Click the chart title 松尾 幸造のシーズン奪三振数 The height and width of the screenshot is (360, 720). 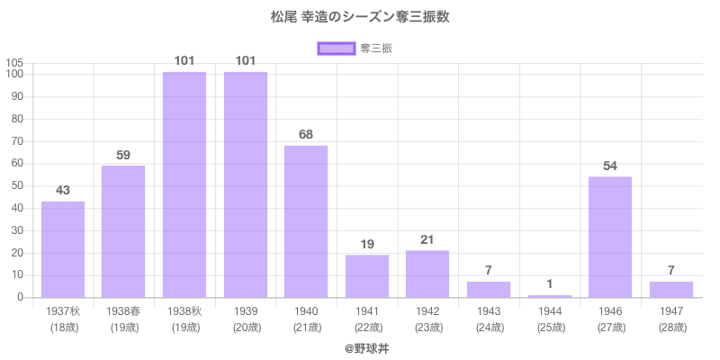coord(360,17)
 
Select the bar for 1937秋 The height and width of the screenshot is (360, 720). coord(63,249)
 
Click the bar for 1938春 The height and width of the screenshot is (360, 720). coord(123,231)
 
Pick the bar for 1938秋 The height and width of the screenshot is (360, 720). coord(184,184)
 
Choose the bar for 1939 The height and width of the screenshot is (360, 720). coord(246,184)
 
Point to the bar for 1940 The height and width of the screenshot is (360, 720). coord(306,221)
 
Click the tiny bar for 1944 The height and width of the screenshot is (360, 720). coord(550,296)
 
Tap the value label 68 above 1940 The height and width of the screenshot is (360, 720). coord(306,134)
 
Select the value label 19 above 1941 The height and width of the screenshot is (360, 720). coord(367,244)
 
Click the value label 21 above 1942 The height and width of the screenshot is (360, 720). coord(427,239)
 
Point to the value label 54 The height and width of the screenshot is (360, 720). coord(610,166)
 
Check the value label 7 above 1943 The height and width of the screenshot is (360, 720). coord(489,271)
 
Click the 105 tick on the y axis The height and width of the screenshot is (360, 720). coord(14,62)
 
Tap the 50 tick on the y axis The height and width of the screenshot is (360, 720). coord(17,186)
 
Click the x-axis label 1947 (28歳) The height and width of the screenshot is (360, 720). coord(671,319)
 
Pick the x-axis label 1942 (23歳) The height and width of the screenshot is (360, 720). coord(427,319)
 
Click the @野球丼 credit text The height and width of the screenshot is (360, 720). coord(360,346)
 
